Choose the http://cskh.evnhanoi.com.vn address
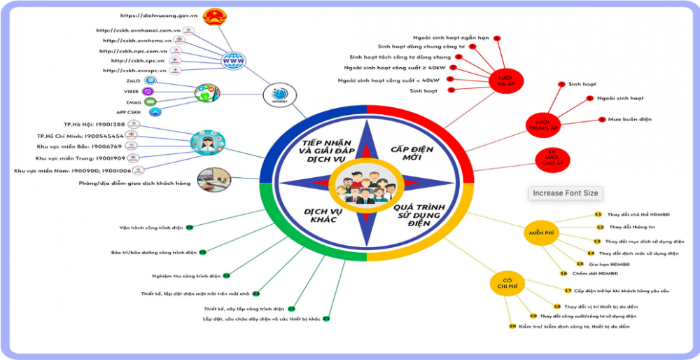(139, 30)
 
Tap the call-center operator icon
(207, 141)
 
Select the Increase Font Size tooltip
(566, 193)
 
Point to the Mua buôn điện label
(630, 120)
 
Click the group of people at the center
(365, 186)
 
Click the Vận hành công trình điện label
(150, 228)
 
